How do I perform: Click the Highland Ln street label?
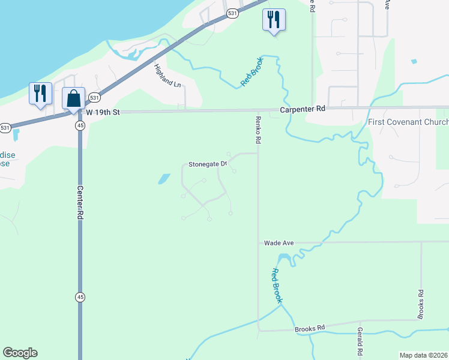[167, 76]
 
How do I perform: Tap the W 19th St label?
[103, 112]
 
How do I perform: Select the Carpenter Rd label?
[303, 109]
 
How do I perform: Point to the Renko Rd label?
[258, 130]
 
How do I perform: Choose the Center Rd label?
[79, 203]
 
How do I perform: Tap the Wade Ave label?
[279, 243]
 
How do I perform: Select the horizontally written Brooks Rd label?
[309, 328]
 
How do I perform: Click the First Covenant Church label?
[408, 122]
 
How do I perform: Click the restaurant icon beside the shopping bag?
[40, 93]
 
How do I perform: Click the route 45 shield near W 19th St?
[80, 125]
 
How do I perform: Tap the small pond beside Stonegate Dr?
[163, 178]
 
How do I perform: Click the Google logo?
[20, 353]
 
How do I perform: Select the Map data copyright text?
[423, 355]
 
